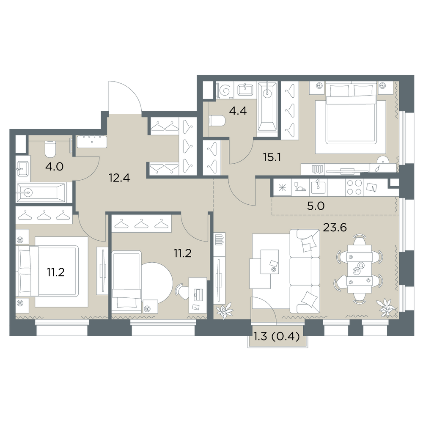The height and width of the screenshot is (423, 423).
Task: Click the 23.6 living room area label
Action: pyautogui.click(x=335, y=228)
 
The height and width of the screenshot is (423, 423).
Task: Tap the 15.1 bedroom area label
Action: pyautogui.click(x=272, y=157)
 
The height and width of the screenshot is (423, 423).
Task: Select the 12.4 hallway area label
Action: pyautogui.click(x=119, y=178)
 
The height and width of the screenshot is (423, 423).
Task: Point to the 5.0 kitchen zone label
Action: pyautogui.click(x=316, y=206)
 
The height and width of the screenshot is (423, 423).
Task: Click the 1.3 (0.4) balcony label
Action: pyautogui.click(x=277, y=337)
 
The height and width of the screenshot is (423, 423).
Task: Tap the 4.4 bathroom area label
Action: pyautogui.click(x=238, y=111)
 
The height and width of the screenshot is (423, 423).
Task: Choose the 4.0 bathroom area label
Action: pyautogui.click(x=55, y=167)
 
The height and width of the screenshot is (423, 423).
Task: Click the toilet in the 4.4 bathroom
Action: pyautogui.click(x=217, y=121)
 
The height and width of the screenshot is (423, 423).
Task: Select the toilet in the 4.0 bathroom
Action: pyautogui.click(x=49, y=149)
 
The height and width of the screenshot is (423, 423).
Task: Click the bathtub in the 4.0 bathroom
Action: pyautogui.click(x=41, y=192)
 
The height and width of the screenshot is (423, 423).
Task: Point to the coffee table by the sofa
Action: pyautogui.click(x=269, y=261)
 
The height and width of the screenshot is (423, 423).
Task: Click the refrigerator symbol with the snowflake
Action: pyautogui.click(x=282, y=187)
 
